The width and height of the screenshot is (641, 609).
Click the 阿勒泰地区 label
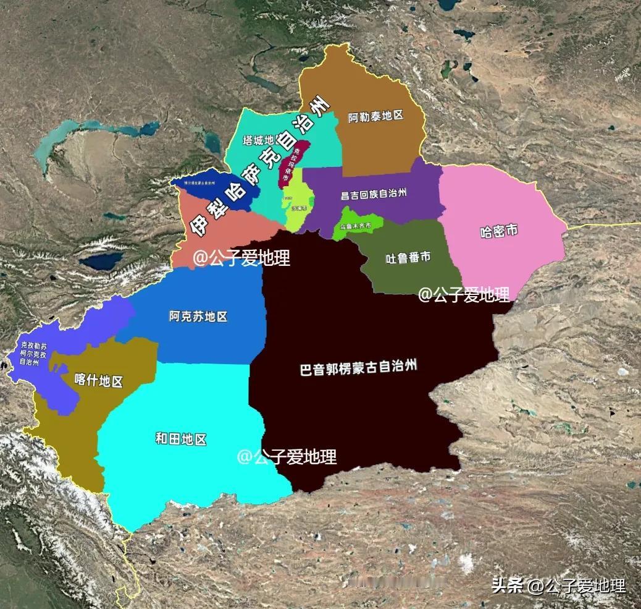pyautogui.click(x=375, y=116)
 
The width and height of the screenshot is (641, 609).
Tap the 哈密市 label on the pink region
pyautogui.click(x=498, y=232)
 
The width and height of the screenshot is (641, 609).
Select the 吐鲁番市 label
pyautogui.click(x=408, y=257)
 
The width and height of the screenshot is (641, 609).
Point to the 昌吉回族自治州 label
pyautogui.click(x=374, y=194)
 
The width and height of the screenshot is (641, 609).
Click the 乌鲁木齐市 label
pyautogui.click(x=355, y=226)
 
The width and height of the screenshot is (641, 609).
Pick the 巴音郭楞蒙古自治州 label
pyautogui.click(x=358, y=368)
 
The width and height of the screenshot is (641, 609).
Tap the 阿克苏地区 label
pyautogui.click(x=198, y=317)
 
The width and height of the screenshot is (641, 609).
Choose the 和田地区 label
pyautogui.click(x=180, y=440)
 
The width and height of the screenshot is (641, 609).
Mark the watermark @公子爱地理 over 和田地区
pyautogui.click(x=287, y=457)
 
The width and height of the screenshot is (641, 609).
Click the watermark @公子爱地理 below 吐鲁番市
pyautogui.click(x=463, y=295)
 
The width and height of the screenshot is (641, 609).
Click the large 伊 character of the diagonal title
pyautogui.click(x=201, y=226)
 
